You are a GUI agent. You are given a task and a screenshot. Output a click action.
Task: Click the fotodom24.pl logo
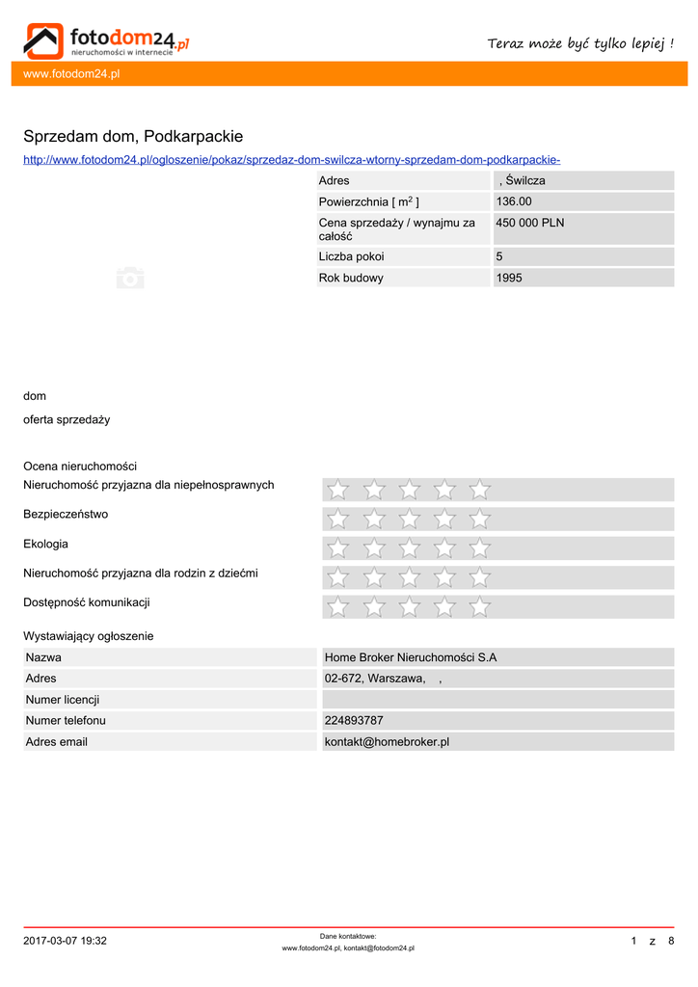point(106,40)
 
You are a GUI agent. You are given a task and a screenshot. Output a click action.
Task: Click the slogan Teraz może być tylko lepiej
point(580,43)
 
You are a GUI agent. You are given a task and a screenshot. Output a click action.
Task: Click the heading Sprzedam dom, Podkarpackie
point(133,136)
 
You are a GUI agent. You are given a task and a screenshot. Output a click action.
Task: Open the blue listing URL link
point(291,159)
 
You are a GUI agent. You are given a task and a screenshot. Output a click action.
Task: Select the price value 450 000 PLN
point(530,223)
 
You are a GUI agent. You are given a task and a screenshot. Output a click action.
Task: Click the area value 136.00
point(514,201)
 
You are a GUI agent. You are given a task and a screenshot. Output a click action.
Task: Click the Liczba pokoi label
point(351,256)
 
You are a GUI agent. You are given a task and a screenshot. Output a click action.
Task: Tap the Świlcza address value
point(523,180)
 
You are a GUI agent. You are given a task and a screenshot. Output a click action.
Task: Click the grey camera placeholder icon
point(130,278)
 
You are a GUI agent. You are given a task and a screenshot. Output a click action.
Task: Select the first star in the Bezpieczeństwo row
point(338,520)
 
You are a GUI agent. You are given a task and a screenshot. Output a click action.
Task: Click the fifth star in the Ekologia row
point(479,548)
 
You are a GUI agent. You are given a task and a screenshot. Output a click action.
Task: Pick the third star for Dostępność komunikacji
point(409,607)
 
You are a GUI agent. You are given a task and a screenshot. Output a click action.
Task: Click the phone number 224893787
point(354,720)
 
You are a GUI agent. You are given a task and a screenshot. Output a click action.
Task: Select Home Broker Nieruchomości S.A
point(411,657)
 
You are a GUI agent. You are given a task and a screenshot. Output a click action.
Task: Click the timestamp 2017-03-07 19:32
point(66,941)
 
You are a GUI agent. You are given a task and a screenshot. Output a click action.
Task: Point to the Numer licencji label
point(63,699)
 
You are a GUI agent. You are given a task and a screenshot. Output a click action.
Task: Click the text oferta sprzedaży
point(67,419)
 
